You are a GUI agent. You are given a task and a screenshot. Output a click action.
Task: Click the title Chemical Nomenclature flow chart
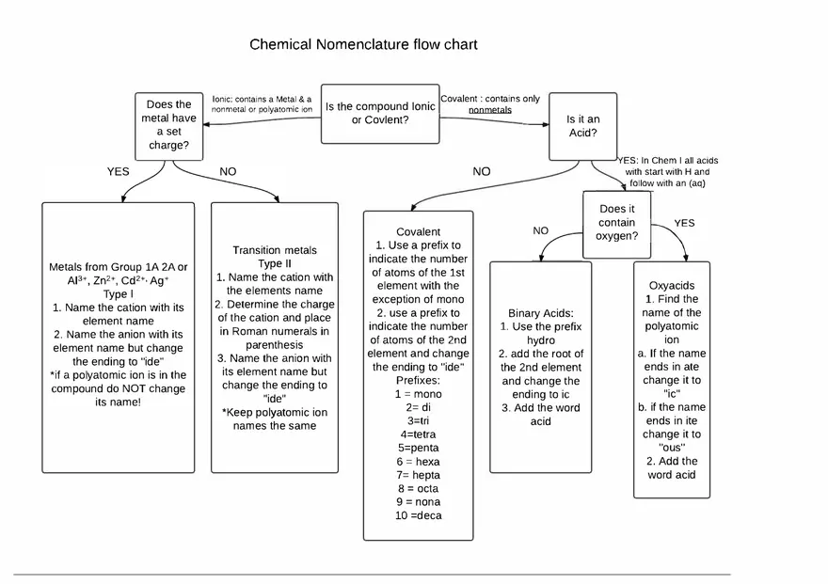363,44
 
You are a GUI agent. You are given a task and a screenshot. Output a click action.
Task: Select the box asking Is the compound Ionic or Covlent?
380,114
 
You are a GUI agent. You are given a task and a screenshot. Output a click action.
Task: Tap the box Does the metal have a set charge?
170,125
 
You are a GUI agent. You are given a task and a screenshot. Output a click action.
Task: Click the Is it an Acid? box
582,126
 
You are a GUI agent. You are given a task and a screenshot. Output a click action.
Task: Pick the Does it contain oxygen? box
617,223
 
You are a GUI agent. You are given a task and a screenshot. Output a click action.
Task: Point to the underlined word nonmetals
490,110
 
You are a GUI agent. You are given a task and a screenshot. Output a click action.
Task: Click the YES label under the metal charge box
118,172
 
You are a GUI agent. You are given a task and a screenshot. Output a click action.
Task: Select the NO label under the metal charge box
228,172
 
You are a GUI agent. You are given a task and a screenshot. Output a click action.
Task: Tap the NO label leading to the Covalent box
482,172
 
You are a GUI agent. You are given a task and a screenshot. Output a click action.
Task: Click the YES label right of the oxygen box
684,223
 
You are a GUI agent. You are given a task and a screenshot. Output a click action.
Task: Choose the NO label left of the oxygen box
540,230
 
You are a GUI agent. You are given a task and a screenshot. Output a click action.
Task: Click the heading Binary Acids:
541,313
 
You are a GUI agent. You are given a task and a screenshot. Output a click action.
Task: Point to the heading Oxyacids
672,285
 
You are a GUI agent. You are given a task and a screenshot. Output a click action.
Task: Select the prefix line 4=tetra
418,434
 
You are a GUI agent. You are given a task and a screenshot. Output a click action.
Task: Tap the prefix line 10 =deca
418,515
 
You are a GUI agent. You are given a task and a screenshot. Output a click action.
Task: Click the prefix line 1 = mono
418,394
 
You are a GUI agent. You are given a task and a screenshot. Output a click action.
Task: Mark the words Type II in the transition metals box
275,264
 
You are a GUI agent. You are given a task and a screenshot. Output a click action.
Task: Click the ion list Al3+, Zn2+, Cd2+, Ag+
118,281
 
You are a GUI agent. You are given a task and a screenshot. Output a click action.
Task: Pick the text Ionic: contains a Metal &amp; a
261,99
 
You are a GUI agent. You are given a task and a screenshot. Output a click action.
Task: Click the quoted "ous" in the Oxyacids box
672,448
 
